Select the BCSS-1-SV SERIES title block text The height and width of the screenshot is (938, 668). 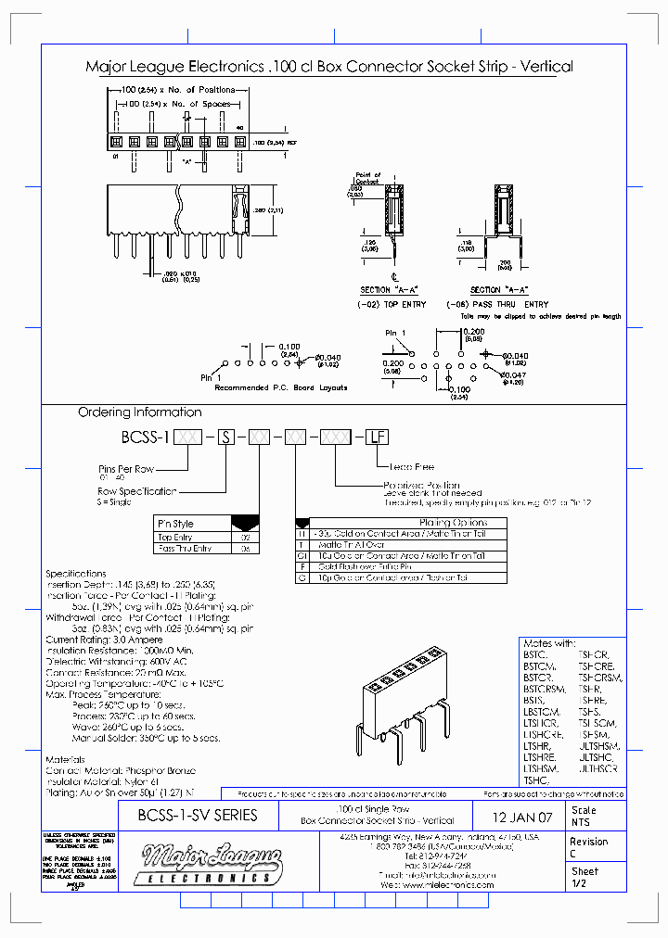coord(197,817)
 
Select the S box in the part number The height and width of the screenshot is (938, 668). coord(225,437)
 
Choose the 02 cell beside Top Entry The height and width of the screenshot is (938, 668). coord(246,537)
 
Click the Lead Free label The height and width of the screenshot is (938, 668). coord(411,467)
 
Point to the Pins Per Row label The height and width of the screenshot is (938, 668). coord(128,470)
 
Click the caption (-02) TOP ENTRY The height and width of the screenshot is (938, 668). coord(393,304)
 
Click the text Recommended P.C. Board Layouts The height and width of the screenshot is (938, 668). coord(281,387)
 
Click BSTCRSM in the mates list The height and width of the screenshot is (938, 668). coord(545,689)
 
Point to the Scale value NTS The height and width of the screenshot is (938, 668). coord(581,822)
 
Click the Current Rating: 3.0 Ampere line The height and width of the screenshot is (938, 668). coord(104,640)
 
